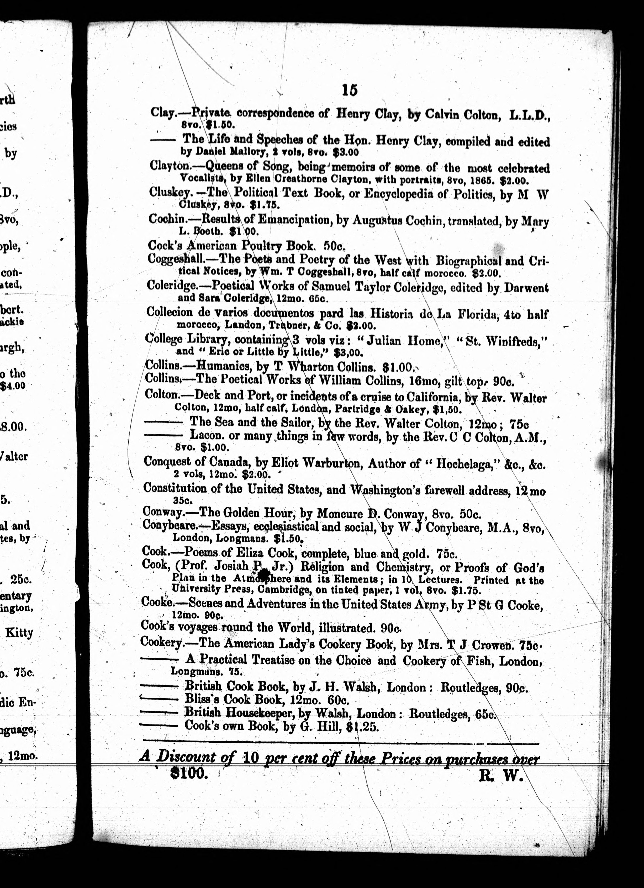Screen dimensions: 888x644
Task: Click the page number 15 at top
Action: pos(349,91)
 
